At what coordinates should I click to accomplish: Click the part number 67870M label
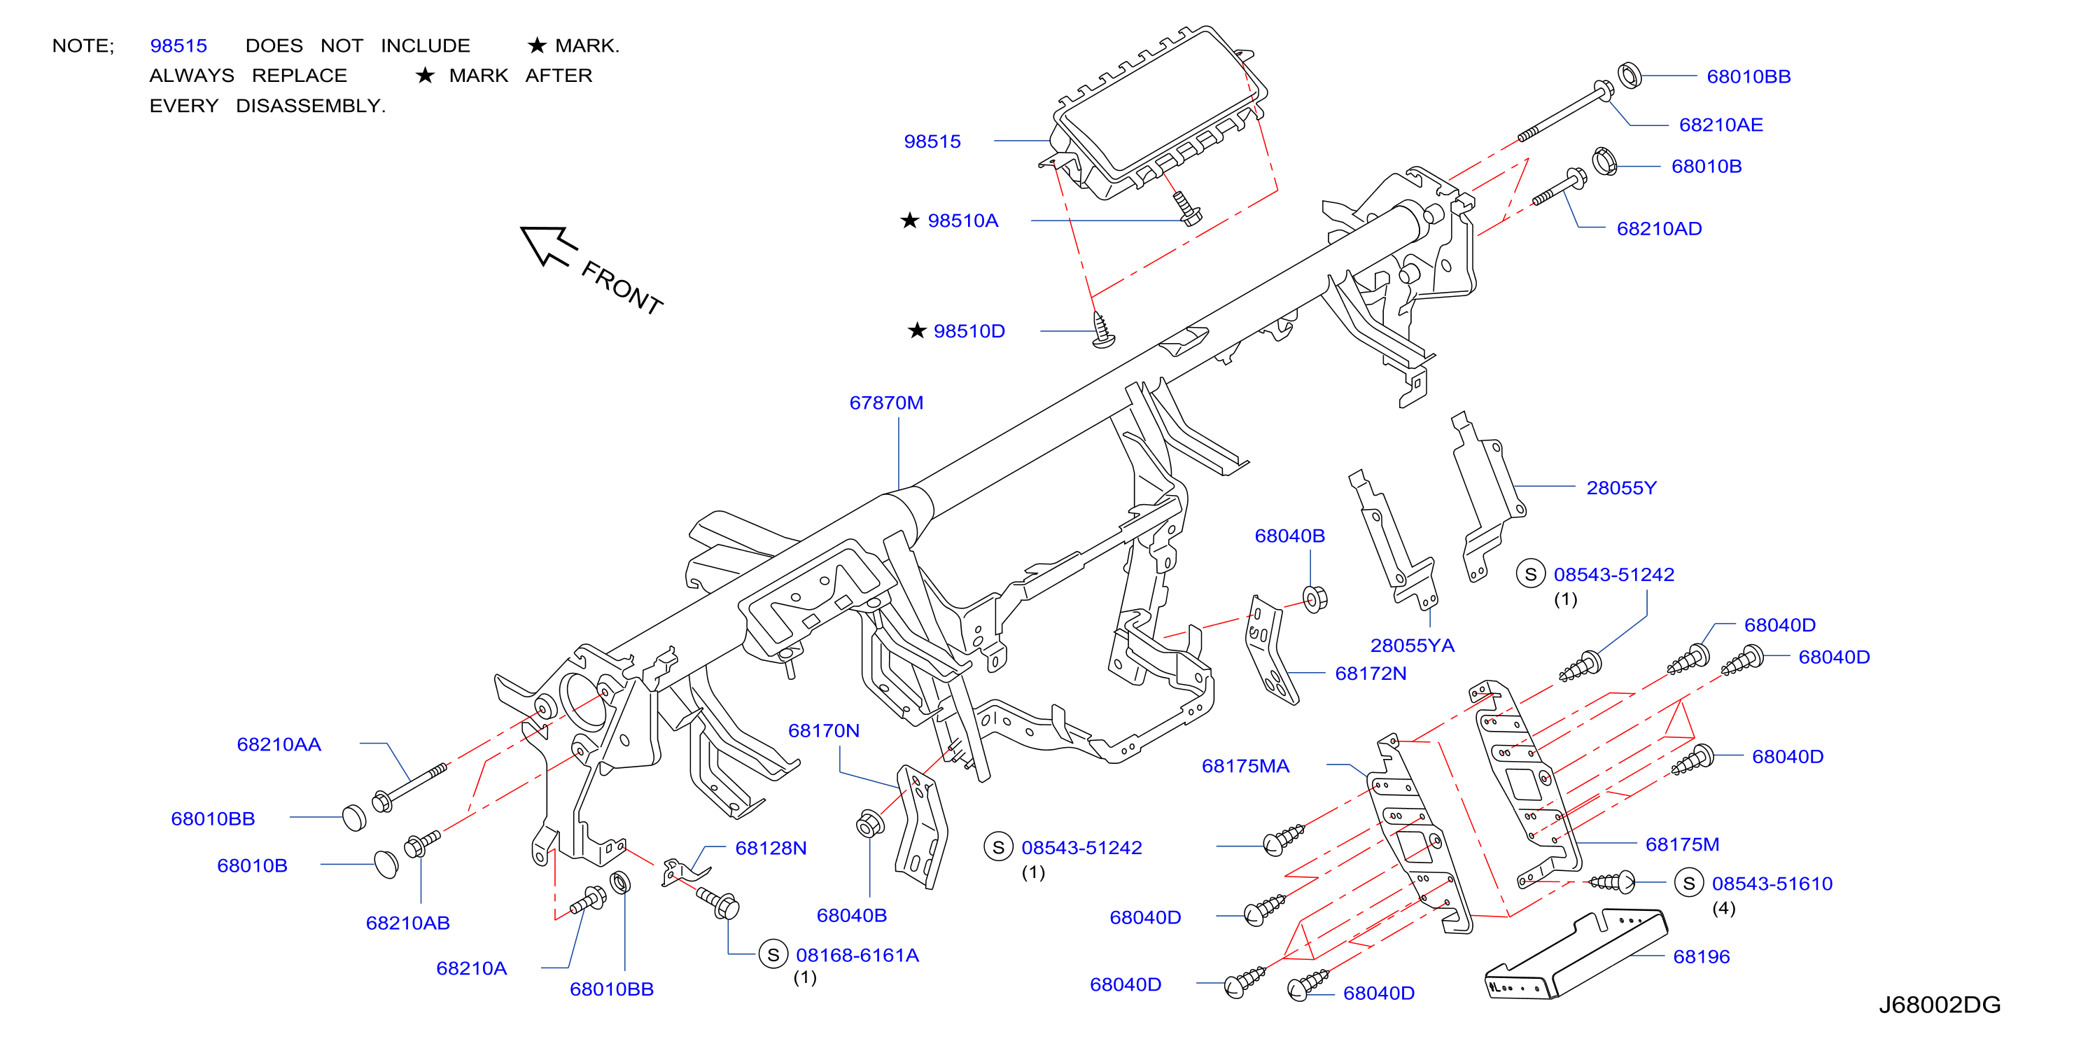tap(885, 403)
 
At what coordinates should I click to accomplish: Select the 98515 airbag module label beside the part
tap(932, 141)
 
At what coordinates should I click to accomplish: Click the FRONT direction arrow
tap(549, 246)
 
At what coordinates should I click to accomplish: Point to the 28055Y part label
tap(1620, 488)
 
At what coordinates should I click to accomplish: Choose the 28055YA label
tap(1411, 646)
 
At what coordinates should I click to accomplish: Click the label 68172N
tap(1370, 673)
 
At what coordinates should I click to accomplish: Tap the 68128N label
tap(770, 848)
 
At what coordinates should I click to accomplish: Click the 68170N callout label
tap(823, 730)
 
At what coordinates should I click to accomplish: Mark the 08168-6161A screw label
tap(857, 955)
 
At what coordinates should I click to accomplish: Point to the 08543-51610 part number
tap(1772, 883)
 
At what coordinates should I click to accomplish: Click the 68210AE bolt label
tap(1721, 125)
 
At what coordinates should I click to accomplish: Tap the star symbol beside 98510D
tap(916, 330)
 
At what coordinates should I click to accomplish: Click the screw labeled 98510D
tap(1102, 331)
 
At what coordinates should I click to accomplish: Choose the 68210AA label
tap(279, 744)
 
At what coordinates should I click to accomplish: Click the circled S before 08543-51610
tap(1688, 883)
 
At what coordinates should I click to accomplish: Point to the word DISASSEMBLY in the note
tap(310, 106)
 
